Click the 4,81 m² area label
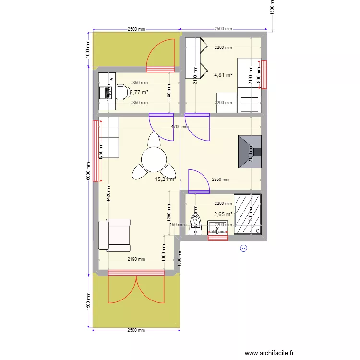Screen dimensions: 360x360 pyautogui.click(x=223, y=75)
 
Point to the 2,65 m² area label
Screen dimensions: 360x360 pyautogui.click(x=223, y=214)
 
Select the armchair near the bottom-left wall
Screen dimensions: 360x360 pyautogui.click(x=115, y=235)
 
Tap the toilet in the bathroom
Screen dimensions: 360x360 pyautogui.click(x=195, y=222)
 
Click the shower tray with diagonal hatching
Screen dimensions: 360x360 pyautogui.click(x=248, y=214)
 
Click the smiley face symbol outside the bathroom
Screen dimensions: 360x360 pyautogui.click(x=243, y=248)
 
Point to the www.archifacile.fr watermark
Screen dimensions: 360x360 pyautogui.click(x=269, y=353)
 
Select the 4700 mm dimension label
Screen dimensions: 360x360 pyautogui.click(x=180, y=127)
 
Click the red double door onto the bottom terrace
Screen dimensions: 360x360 pyautogui.click(x=137, y=287)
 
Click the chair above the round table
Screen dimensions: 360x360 pyautogui.click(x=154, y=140)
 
